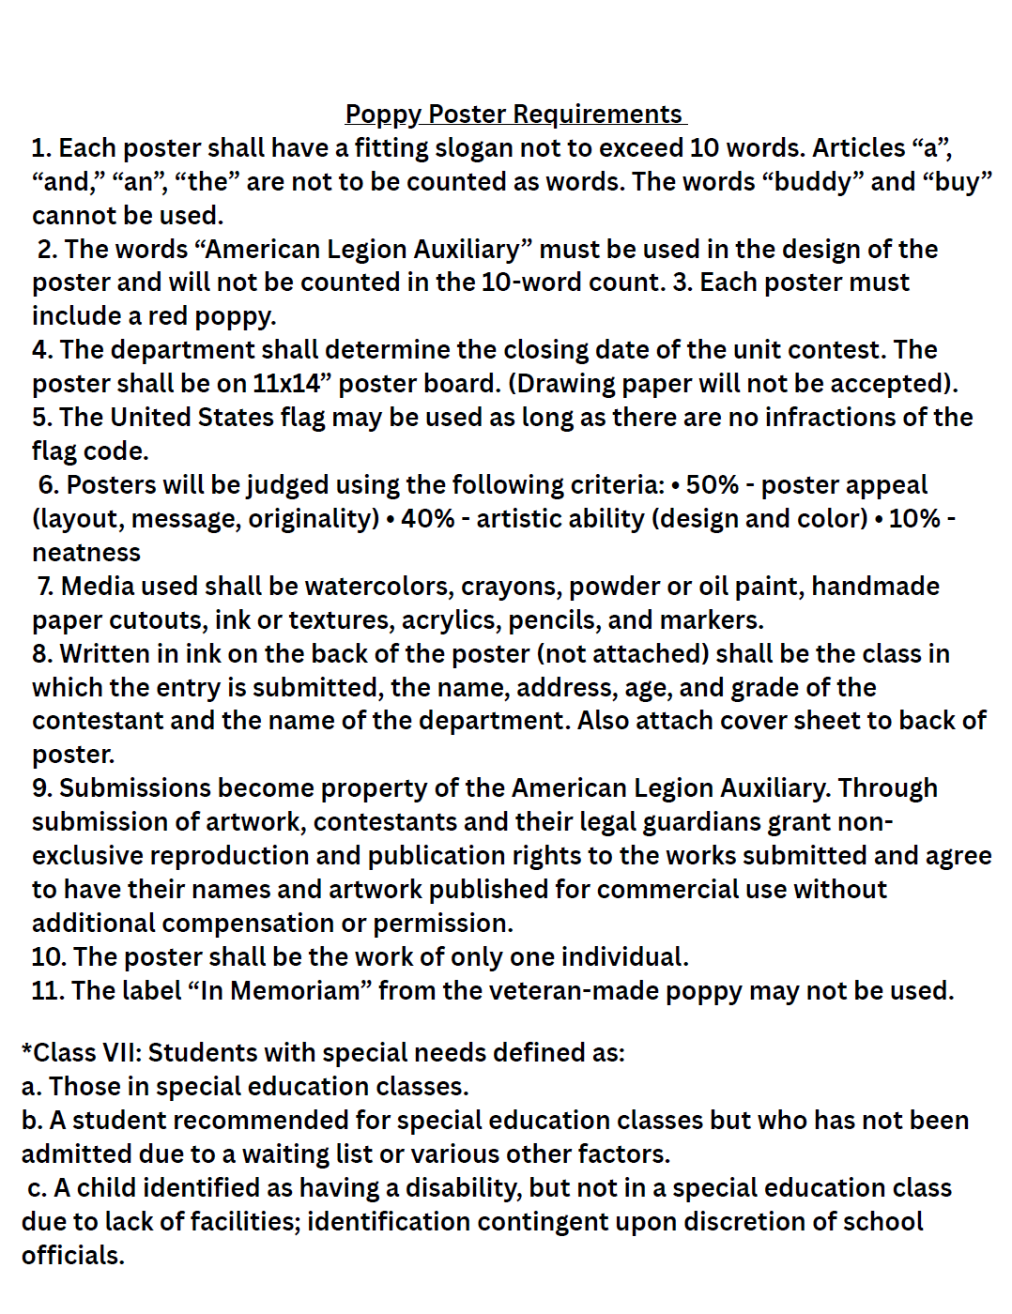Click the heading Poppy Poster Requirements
tap(514, 115)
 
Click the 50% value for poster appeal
tap(713, 485)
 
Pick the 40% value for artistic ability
tap(428, 519)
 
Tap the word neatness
tap(86, 553)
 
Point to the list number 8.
tap(40, 654)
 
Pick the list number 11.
tap(47, 991)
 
